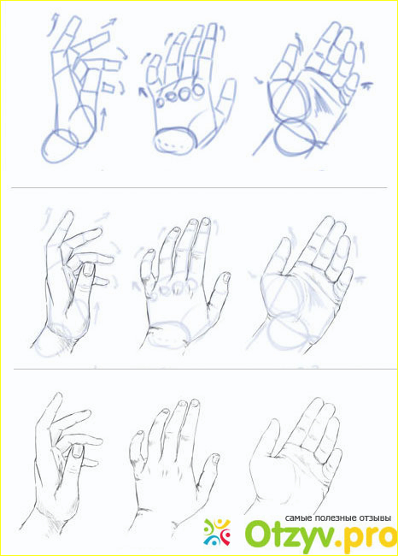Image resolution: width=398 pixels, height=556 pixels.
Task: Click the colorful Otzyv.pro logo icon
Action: (x=217, y=533)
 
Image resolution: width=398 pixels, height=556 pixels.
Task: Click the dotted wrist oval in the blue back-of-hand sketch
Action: (x=176, y=140)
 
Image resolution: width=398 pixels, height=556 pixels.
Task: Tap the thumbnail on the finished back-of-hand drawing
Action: (x=214, y=459)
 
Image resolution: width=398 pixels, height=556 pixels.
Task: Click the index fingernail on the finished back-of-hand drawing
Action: (x=195, y=403)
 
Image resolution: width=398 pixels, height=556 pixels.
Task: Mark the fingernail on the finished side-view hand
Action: (x=77, y=451)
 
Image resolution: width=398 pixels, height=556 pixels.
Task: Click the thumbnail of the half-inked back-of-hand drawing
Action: (x=226, y=277)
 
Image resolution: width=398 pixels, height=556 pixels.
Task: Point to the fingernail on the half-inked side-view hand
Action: (x=88, y=270)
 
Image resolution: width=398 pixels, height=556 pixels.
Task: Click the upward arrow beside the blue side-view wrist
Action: (x=103, y=120)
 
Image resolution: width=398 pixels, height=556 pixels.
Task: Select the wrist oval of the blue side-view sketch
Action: (x=60, y=146)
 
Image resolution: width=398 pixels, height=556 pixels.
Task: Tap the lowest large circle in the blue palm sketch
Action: (x=295, y=138)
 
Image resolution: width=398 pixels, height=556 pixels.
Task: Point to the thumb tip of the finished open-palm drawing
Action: (x=273, y=422)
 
